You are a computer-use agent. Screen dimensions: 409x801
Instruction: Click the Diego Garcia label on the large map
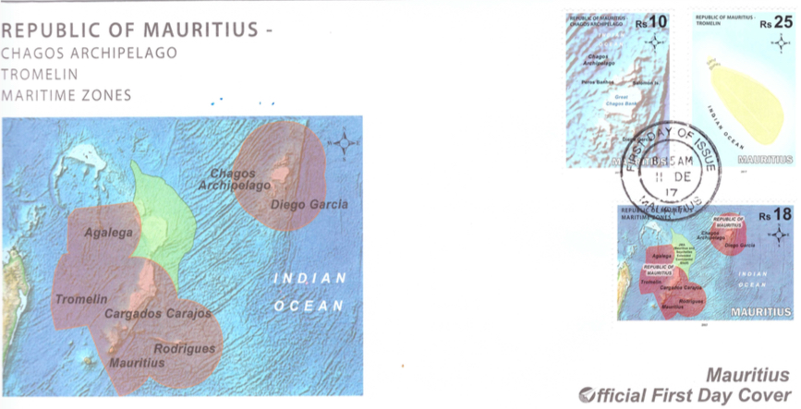pos(309,205)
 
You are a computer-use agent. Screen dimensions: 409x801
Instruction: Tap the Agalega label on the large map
pos(109,233)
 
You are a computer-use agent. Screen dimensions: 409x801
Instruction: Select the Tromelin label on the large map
pos(81,299)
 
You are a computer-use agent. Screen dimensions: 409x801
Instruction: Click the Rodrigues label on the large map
pos(184,348)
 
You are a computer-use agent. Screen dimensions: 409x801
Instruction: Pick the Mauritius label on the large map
pos(137,363)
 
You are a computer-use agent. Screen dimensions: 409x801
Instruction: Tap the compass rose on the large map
pos(343,143)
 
